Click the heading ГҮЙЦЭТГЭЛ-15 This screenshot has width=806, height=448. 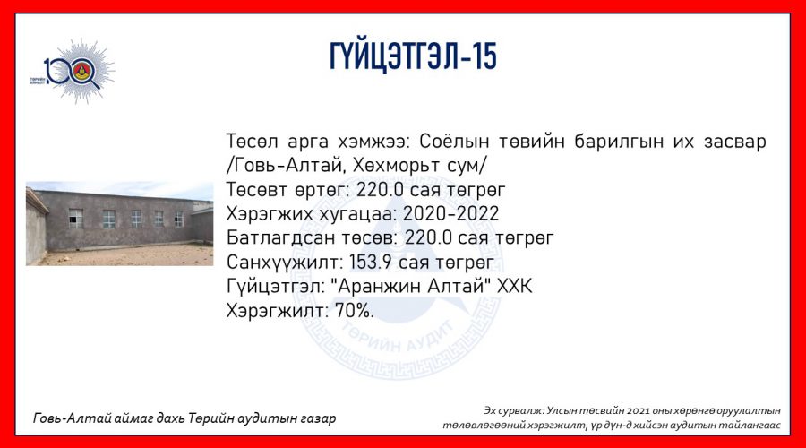pos(413,56)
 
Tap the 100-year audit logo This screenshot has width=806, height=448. pos(73,71)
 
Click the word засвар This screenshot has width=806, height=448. pos(734,142)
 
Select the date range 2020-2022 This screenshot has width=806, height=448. pos(450,213)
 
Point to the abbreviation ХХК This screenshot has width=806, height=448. pos(515,286)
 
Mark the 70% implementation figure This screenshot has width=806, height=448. pos(354,310)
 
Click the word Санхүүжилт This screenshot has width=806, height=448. pos(284,263)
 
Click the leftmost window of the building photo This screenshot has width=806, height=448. pos(75,218)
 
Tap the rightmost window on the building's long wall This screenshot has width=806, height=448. pos(178,220)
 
